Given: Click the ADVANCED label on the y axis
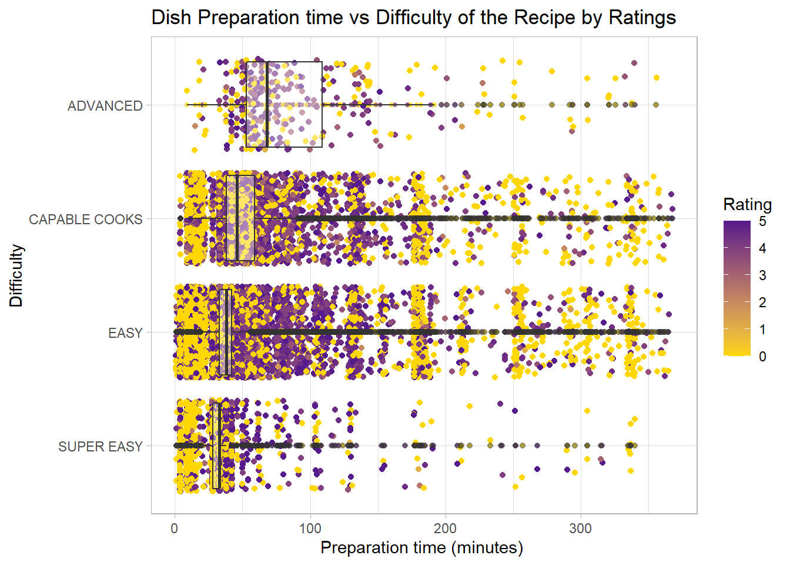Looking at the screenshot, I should point(105,106).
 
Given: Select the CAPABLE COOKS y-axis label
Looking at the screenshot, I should point(86,220).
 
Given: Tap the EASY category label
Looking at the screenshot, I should point(125,333).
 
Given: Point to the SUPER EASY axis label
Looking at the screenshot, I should point(101,447).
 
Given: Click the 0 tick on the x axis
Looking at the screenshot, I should point(175,528).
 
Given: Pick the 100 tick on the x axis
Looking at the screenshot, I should point(310,528).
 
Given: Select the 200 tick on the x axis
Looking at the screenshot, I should point(446,528).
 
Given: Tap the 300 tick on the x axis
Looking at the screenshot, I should point(581,528).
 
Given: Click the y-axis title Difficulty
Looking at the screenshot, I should point(16,275).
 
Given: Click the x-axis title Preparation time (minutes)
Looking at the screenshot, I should point(421,548).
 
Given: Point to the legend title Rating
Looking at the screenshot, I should point(747,205).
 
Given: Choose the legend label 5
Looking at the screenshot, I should point(762,222).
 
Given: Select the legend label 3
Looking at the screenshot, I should point(762,275).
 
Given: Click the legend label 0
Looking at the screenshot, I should point(762,357).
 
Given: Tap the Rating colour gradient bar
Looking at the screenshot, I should point(737,288).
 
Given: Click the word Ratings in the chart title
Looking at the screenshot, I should point(642,18).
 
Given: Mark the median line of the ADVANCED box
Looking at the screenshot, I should point(267,104).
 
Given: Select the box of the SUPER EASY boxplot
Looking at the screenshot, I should point(215,446).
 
